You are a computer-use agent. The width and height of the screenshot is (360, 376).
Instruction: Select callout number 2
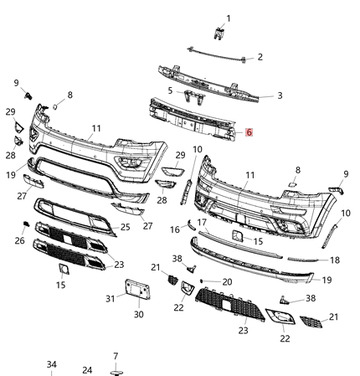coord(260,57)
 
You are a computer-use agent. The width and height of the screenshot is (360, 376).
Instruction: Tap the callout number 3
coord(280,95)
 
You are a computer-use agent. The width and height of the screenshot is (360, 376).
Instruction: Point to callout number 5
coord(169,90)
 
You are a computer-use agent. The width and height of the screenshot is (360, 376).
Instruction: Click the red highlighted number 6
coord(248,132)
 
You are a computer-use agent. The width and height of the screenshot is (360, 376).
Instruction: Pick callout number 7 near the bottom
coord(116,356)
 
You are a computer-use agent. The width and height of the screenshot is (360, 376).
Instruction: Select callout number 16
coord(175,229)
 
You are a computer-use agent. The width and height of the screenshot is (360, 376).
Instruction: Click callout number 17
coord(202,221)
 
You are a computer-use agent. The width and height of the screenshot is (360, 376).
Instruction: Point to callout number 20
coord(227,281)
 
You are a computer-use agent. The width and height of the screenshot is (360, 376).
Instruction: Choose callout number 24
coord(87,369)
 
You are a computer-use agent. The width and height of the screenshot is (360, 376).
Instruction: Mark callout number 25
coord(125,227)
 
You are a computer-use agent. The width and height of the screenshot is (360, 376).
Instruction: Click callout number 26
coord(19,241)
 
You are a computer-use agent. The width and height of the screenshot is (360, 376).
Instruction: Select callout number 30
coord(139,315)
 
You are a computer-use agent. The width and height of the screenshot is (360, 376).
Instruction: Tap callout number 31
coord(111,298)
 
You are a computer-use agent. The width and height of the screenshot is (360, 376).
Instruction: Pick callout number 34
coord(51,365)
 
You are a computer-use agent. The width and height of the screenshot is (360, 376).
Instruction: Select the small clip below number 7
coord(116,369)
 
